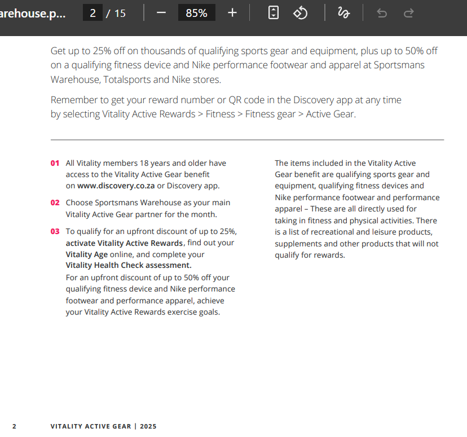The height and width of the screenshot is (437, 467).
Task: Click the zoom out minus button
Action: (161, 13)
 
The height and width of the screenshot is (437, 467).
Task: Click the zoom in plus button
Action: (232, 13)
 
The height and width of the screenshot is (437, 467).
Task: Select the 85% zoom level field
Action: (196, 13)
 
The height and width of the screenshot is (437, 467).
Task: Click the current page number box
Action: (93, 13)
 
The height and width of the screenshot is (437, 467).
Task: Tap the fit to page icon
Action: (274, 13)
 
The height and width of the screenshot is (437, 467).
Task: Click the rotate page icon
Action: (301, 13)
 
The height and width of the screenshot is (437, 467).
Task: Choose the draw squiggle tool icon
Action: (343, 13)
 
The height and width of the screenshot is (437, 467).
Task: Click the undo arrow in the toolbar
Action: (382, 13)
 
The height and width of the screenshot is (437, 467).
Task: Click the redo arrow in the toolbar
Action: (409, 13)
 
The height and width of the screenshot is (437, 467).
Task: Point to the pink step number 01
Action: (55, 163)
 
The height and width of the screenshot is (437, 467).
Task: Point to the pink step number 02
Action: (55, 202)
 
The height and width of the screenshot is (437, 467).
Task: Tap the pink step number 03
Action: (55, 231)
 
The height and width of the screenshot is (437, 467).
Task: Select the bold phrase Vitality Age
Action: (86, 254)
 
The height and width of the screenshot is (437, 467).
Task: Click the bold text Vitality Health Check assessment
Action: (129, 265)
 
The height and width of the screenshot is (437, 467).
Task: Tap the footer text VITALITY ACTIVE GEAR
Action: (90, 426)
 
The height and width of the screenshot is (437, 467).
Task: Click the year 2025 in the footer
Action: (148, 426)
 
